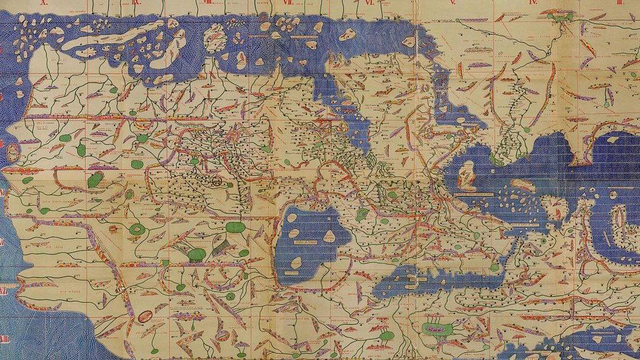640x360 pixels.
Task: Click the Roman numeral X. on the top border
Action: click(x=44, y=3)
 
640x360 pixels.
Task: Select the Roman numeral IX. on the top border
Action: click(x=137, y=3)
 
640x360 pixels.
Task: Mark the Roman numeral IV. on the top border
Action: click(x=533, y=3)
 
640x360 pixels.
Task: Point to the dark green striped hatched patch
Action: click(x=220, y=243)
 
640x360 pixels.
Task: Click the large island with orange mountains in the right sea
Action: click(x=466, y=175)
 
